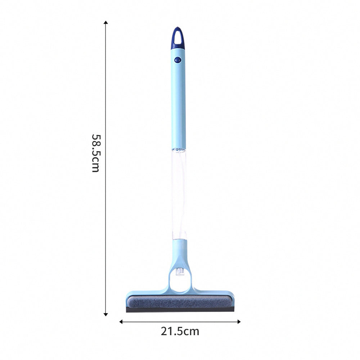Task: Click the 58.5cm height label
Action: [x=95, y=153]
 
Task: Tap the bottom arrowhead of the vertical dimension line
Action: [x=106, y=314]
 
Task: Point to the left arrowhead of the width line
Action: [x=121, y=321]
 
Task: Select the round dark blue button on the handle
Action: [x=177, y=60]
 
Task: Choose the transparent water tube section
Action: [x=179, y=194]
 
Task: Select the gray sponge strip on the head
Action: [x=180, y=302]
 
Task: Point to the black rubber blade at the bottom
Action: [x=180, y=310]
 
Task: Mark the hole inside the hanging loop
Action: [x=177, y=36]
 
